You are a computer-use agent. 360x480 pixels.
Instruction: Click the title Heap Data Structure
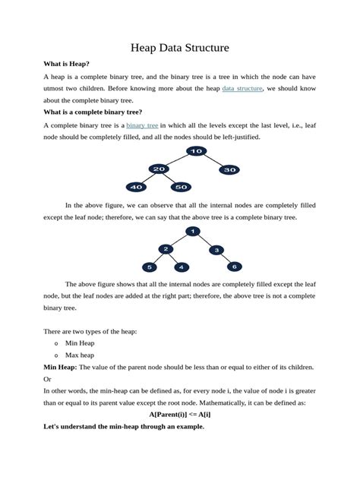[180, 48]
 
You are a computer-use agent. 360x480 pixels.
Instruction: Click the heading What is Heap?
[67, 65]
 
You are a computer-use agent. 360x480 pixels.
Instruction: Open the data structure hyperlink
[242, 88]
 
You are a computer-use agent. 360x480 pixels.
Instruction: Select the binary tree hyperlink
[142, 125]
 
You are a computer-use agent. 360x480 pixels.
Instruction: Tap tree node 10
[196, 151]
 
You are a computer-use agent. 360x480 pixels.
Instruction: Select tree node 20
[158, 169]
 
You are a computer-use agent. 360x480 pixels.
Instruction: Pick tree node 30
[229, 170]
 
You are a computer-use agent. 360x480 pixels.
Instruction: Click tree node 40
[136, 186]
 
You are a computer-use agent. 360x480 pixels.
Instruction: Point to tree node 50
[180, 186]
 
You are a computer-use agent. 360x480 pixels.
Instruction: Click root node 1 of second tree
[194, 231]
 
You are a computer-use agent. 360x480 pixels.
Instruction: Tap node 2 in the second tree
[166, 249]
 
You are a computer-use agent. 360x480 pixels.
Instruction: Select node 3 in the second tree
[216, 250]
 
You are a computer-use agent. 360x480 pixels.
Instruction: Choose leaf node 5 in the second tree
[150, 267]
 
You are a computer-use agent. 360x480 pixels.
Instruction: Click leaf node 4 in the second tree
[181, 267]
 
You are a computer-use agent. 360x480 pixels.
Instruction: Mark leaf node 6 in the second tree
[235, 267]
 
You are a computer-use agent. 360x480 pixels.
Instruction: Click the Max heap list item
[80, 355]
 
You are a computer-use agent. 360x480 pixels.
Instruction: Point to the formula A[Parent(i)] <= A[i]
[180, 415]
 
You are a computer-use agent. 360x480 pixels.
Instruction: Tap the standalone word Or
[48, 379]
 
